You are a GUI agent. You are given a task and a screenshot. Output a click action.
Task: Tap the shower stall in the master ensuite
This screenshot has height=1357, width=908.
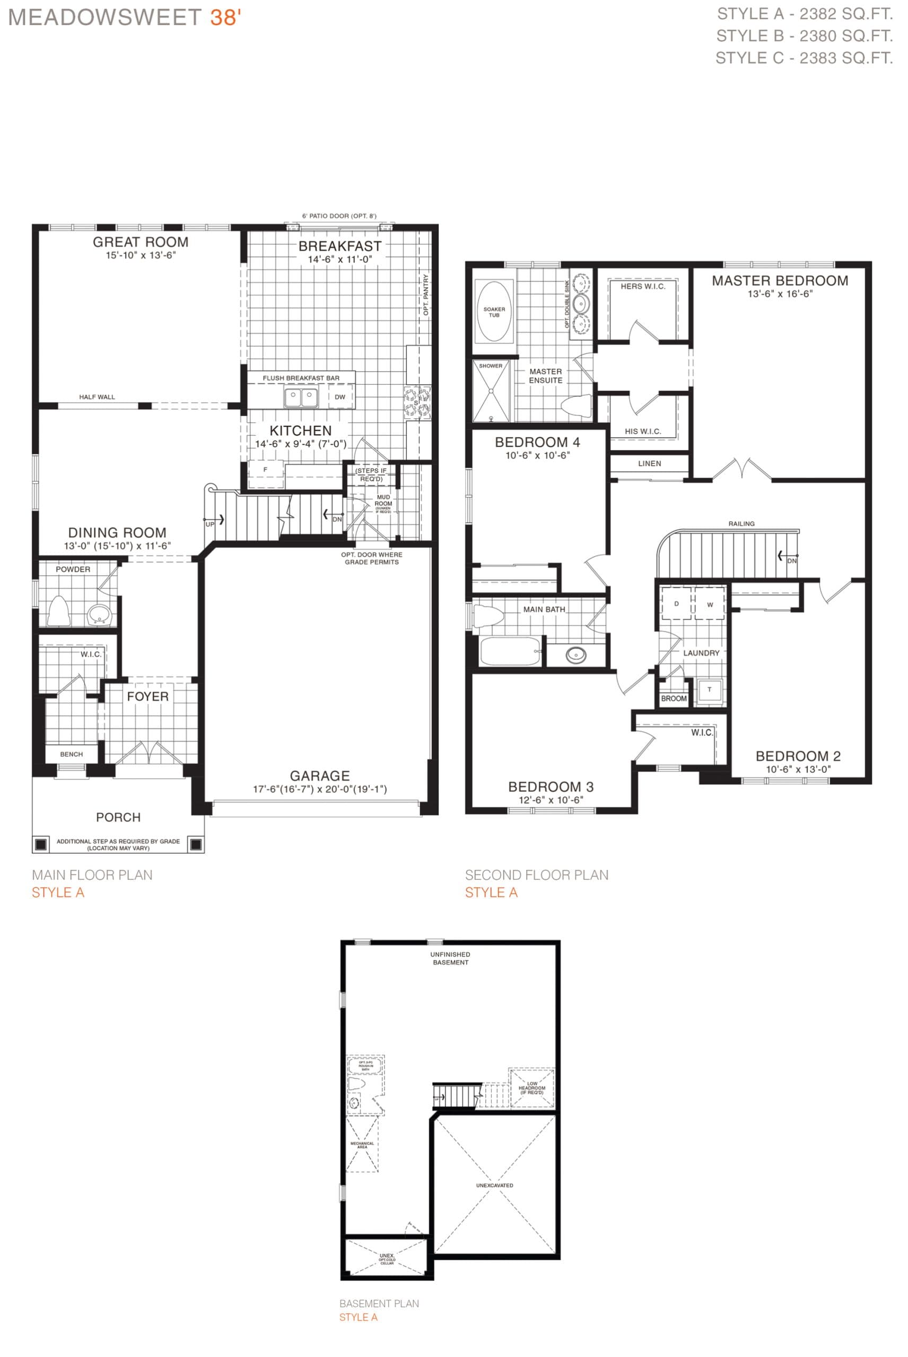(491, 392)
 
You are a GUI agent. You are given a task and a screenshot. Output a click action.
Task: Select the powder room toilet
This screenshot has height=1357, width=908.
(58, 611)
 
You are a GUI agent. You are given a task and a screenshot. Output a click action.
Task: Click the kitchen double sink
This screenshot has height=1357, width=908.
(301, 398)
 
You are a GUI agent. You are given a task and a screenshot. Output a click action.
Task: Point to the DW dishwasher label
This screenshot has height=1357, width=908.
(340, 397)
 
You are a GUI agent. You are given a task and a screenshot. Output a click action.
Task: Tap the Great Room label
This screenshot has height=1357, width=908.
(141, 242)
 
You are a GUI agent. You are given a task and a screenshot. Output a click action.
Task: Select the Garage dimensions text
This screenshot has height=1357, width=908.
(320, 789)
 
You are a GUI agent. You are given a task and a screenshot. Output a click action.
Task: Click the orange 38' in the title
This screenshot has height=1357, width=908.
(225, 17)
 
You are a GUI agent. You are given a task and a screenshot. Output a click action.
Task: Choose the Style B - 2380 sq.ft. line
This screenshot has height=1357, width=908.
(805, 36)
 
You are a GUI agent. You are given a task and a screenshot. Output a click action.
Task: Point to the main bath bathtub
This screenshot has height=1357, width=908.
(510, 651)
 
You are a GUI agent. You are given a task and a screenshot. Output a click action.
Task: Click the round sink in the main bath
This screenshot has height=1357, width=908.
(575, 655)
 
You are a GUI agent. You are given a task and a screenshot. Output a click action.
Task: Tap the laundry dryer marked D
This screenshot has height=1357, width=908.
(676, 604)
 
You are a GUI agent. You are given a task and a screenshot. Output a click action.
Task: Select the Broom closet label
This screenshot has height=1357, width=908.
(674, 699)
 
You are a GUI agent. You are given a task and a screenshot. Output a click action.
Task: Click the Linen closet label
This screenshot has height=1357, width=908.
(649, 463)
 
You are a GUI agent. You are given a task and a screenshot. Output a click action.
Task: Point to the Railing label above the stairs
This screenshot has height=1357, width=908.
(741, 524)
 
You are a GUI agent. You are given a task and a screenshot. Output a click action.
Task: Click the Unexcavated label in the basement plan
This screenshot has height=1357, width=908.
(494, 1185)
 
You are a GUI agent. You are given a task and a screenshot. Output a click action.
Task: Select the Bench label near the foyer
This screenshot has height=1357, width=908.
(71, 754)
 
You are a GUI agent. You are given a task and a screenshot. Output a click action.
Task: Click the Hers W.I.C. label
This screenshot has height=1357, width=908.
(643, 286)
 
